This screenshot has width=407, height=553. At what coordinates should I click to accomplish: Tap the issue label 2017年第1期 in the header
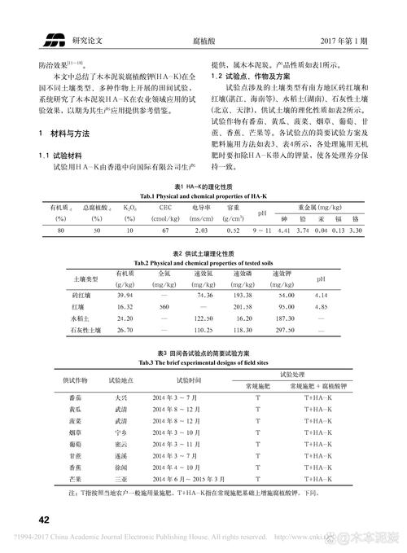tap(344, 38)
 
